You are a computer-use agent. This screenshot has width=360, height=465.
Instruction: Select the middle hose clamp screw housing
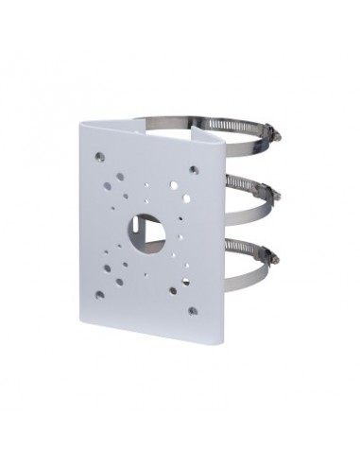(271, 193)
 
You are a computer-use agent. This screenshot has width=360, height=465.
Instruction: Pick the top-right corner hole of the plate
(193, 170)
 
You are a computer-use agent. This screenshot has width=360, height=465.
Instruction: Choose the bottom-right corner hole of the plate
(192, 310)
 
